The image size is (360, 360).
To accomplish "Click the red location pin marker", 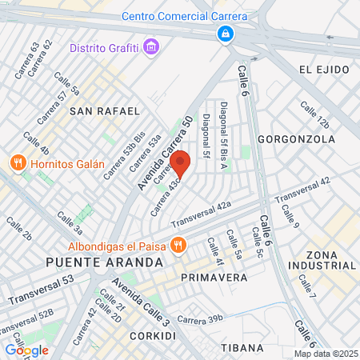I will click(180, 162).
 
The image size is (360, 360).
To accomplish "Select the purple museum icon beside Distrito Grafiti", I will click(152, 47).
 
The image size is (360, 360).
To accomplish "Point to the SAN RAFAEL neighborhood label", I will click(105, 110).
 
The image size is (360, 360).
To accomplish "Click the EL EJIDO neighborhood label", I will click(326, 70).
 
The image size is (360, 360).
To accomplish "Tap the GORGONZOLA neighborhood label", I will click(296, 138).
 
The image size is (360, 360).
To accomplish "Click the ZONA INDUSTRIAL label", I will click(330, 258).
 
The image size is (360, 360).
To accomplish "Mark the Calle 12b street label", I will click(314, 114).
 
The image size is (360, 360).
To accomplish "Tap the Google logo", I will click(26, 350).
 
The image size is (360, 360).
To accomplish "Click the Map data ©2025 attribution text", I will click(325, 354).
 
